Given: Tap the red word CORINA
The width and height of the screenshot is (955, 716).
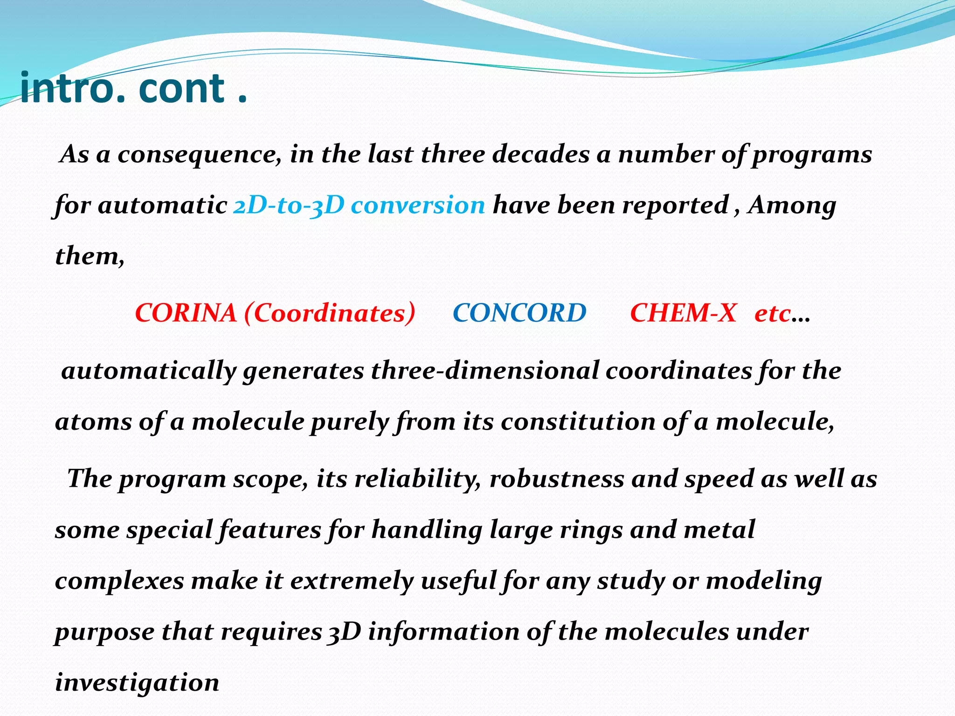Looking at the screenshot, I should (x=186, y=313).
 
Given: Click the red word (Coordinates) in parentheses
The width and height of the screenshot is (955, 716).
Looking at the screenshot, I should (x=329, y=313).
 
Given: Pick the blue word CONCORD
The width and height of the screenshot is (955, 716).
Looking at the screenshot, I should (x=519, y=313).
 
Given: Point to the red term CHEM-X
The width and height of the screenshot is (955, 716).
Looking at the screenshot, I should (x=683, y=313).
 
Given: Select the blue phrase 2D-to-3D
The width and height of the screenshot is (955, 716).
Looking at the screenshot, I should (x=289, y=206).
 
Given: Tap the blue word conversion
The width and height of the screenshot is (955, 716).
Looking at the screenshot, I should (x=418, y=206).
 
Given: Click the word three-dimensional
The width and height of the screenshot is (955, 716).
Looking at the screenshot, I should (x=484, y=371).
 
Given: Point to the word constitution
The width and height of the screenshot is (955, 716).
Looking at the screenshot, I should (x=578, y=422).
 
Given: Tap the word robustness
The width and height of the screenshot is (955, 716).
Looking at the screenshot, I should (x=557, y=479).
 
